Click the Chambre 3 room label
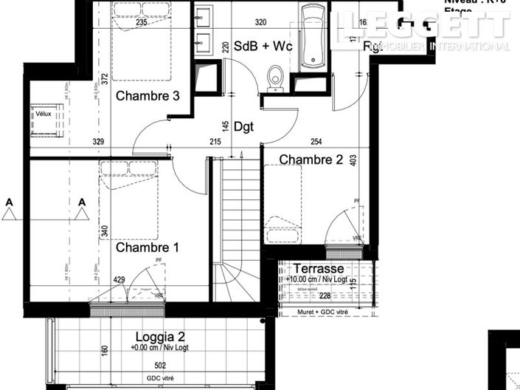[148, 95]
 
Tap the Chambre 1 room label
[148, 248]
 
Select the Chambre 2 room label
[311, 160]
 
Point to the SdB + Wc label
[263, 47]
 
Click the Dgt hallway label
[243, 126]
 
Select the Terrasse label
[319, 269]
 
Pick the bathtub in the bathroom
[313, 36]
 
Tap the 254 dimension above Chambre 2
[316, 141]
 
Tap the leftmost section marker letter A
[9, 202]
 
